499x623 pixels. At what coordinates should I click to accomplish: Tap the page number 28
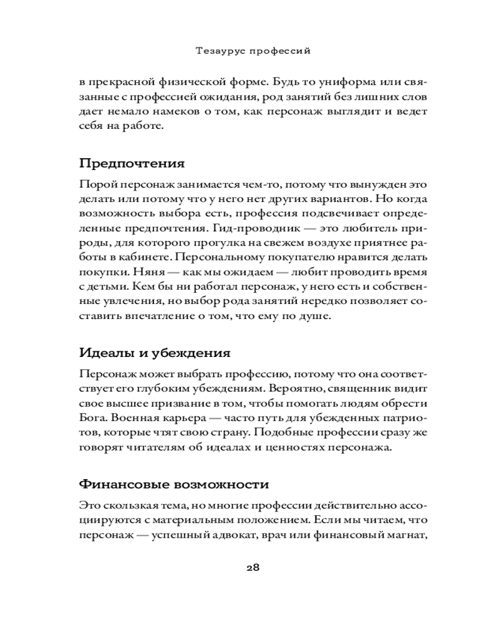(x=253, y=567)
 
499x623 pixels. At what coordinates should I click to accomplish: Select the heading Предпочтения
(x=132, y=164)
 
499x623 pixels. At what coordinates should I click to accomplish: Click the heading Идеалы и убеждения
(x=155, y=353)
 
